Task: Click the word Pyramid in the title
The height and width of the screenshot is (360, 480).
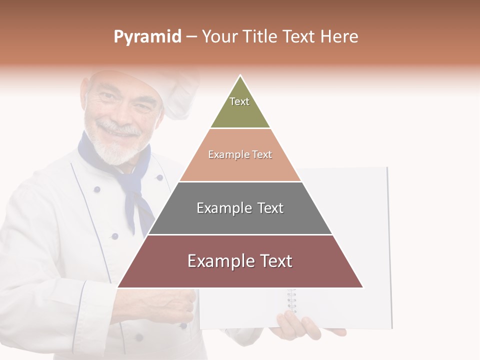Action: (x=147, y=37)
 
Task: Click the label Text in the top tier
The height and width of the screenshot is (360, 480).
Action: (x=239, y=101)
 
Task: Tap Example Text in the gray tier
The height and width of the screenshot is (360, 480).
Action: (x=240, y=208)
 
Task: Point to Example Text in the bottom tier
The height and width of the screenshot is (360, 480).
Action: (x=240, y=261)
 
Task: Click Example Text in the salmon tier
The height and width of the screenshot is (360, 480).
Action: (x=240, y=154)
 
